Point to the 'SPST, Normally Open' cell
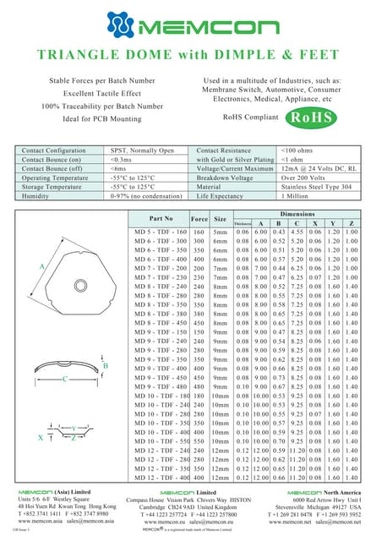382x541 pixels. [142, 150]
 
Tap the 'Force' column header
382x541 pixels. [199, 218]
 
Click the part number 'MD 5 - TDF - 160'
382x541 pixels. [159, 232]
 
